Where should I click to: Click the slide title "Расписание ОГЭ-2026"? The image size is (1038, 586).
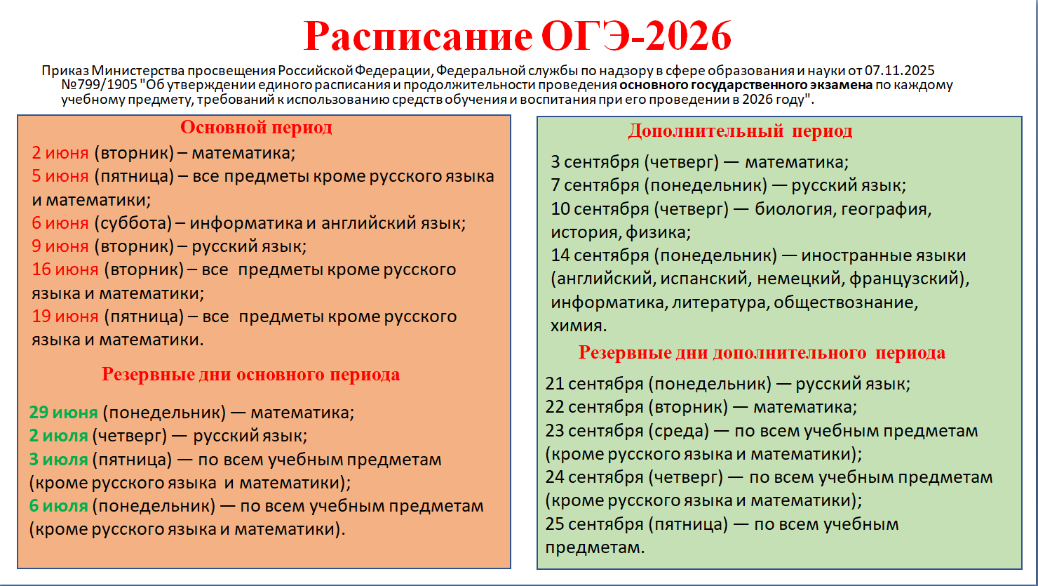pyautogui.click(x=517, y=36)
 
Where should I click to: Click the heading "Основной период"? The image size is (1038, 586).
pyautogui.click(x=256, y=128)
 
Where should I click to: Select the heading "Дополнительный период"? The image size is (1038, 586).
pyautogui.click(x=741, y=131)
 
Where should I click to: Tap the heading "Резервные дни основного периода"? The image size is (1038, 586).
pyautogui.click(x=250, y=375)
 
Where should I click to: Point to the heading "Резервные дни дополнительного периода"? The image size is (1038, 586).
pyautogui.click(x=762, y=353)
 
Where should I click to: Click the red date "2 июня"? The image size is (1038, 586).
pyautogui.click(x=60, y=152)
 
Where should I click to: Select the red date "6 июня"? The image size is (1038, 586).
pyautogui.click(x=60, y=223)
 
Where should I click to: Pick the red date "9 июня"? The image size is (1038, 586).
pyautogui.click(x=60, y=246)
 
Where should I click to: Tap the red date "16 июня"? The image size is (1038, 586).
pyautogui.click(x=65, y=269)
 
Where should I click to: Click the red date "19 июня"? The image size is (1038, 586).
pyautogui.click(x=65, y=317)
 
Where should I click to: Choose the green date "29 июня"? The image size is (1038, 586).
pyautogui.click(x=64, y=412)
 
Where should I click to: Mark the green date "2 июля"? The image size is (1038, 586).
pyautogui.click(x=58, y=436)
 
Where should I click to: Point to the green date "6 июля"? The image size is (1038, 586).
pyautogui.click(x=58, y=506)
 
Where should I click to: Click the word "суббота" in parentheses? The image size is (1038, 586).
pyautogui.click(x=133, y=223)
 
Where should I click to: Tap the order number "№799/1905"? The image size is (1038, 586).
pyautogui.click(x=100, y=85)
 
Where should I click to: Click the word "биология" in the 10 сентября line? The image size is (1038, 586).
pyautogui.click(x=795, y=210)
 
